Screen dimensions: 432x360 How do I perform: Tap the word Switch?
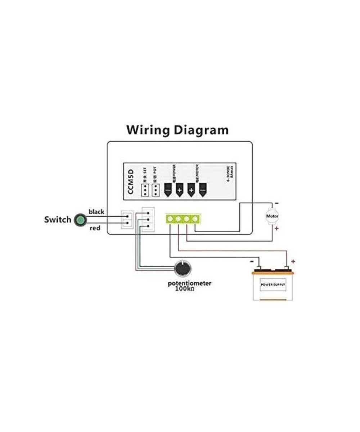coord(58,220)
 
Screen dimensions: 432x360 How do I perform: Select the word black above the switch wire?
coord(96,212)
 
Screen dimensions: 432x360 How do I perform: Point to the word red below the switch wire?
coord(95,228)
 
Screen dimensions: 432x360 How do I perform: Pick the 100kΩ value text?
coord(185,289)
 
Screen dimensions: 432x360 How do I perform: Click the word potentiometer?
coord(190,283)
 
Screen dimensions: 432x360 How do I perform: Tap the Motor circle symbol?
coord(272,216)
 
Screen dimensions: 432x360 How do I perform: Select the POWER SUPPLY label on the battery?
coord(273,284)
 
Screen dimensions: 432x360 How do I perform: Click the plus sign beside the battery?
coord(293,261)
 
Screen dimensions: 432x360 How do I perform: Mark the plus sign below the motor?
coord(276,229)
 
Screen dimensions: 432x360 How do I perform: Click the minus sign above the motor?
coord(276,203)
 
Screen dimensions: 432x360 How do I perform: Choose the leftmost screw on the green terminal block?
coord(170,219)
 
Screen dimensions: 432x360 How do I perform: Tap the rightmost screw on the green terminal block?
coord(195,219)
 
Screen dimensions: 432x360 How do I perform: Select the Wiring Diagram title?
coord(177,130)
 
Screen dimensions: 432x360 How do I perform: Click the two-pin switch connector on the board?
coord(127,220)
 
